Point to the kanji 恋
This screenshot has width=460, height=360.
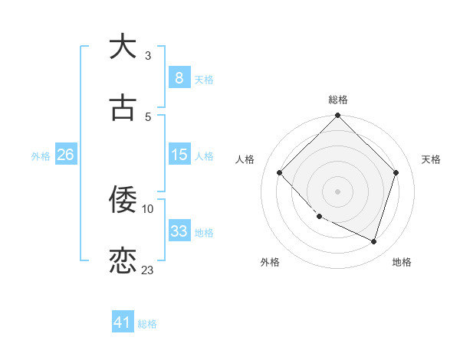click(123, 261)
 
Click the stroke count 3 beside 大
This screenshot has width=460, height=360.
click(148, 55)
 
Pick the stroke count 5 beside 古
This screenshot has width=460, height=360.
click(148, 116)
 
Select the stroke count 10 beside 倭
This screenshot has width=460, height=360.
click(148, 208)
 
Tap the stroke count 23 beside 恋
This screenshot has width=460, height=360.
click(148, 270)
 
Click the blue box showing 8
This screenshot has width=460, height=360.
click(179, 77)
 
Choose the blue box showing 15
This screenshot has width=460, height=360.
click(179, 155)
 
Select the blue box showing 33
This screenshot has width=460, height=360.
click(179, 231)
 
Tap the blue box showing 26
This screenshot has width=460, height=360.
click(66, 155)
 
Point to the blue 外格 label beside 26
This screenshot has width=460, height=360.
click(41, 155)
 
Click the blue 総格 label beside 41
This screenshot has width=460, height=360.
click(147, 324)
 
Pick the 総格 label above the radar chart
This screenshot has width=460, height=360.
click(337, 100)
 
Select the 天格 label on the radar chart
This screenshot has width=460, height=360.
click(431, 159)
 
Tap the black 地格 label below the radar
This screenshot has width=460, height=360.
click(402, 262)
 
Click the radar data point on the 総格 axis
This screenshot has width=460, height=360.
click(337, 116)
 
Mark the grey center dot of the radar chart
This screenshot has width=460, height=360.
click(337, 191)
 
